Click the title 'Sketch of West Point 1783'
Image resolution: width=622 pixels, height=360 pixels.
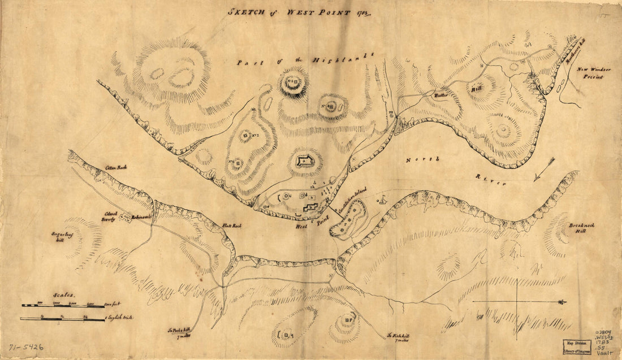coord(300,11)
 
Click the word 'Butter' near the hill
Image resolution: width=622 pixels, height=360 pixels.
coord(440,96)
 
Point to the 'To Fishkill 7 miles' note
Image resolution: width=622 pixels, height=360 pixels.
coord(398,337)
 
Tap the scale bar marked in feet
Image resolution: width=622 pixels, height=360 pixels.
coord(63,306)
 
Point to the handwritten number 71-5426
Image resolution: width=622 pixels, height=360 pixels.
coord(26,346)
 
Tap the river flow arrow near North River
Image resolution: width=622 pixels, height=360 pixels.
coord(543,169)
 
